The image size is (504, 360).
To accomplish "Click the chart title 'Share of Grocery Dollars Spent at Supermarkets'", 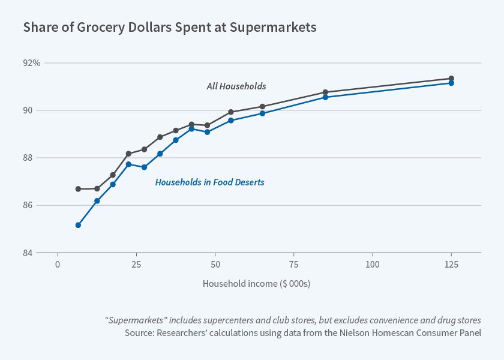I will pyautogui.click(x=169, y=28).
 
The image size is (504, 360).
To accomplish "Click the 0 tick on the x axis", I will pyautogui.click(x=58, y=265).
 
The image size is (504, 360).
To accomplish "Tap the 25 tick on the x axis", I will pyautogui.click(x=136, y=265).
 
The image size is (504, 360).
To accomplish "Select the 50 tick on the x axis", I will pyautogui.click(x=215, y=265).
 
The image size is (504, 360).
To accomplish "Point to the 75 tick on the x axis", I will pyautogui.click(x=294, y=265).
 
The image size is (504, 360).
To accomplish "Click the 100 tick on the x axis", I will pyautogui.click(x=373, y=265).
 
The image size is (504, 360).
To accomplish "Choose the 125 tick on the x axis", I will pyautogui.click(x=451, y=265).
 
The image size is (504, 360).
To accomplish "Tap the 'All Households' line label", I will pyautogui.click(x=236, y=86).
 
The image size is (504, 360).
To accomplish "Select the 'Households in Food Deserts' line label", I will pyautogui.click(x=209, y=182).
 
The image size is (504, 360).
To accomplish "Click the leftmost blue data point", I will pyautogui.click(x=78, y=225).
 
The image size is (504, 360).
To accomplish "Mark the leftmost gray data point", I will pyautogui.click(x=78, y=189).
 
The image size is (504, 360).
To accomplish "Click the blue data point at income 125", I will pyautogui.click(x=451, y=83).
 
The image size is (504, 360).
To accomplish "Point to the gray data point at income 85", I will pyautogui.click(x=325, y=92).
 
